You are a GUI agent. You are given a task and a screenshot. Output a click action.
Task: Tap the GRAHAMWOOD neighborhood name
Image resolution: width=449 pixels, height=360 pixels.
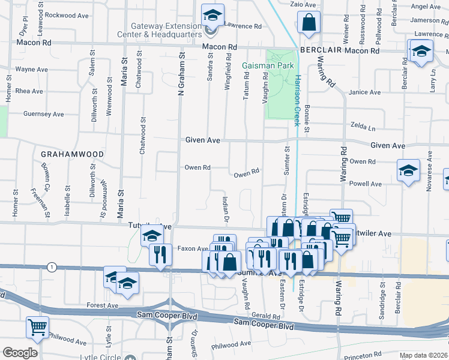point(72,154)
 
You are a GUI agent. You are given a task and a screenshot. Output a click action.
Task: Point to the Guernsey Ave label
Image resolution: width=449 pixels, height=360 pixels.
point(43,114)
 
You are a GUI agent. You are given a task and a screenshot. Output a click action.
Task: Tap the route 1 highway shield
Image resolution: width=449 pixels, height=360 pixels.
point(53,267)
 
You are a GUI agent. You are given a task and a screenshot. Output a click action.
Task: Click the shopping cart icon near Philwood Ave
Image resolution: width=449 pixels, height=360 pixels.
point(37,327)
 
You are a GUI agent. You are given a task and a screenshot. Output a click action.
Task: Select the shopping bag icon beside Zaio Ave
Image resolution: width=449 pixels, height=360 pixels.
point(309,23)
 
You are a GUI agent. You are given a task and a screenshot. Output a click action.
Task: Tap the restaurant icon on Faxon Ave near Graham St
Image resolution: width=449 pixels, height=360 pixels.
point(160,254)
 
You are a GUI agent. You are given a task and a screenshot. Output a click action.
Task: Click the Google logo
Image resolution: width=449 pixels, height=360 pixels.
point(20,353)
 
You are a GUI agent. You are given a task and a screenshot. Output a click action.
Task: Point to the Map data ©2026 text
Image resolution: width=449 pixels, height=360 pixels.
point(424,355)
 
